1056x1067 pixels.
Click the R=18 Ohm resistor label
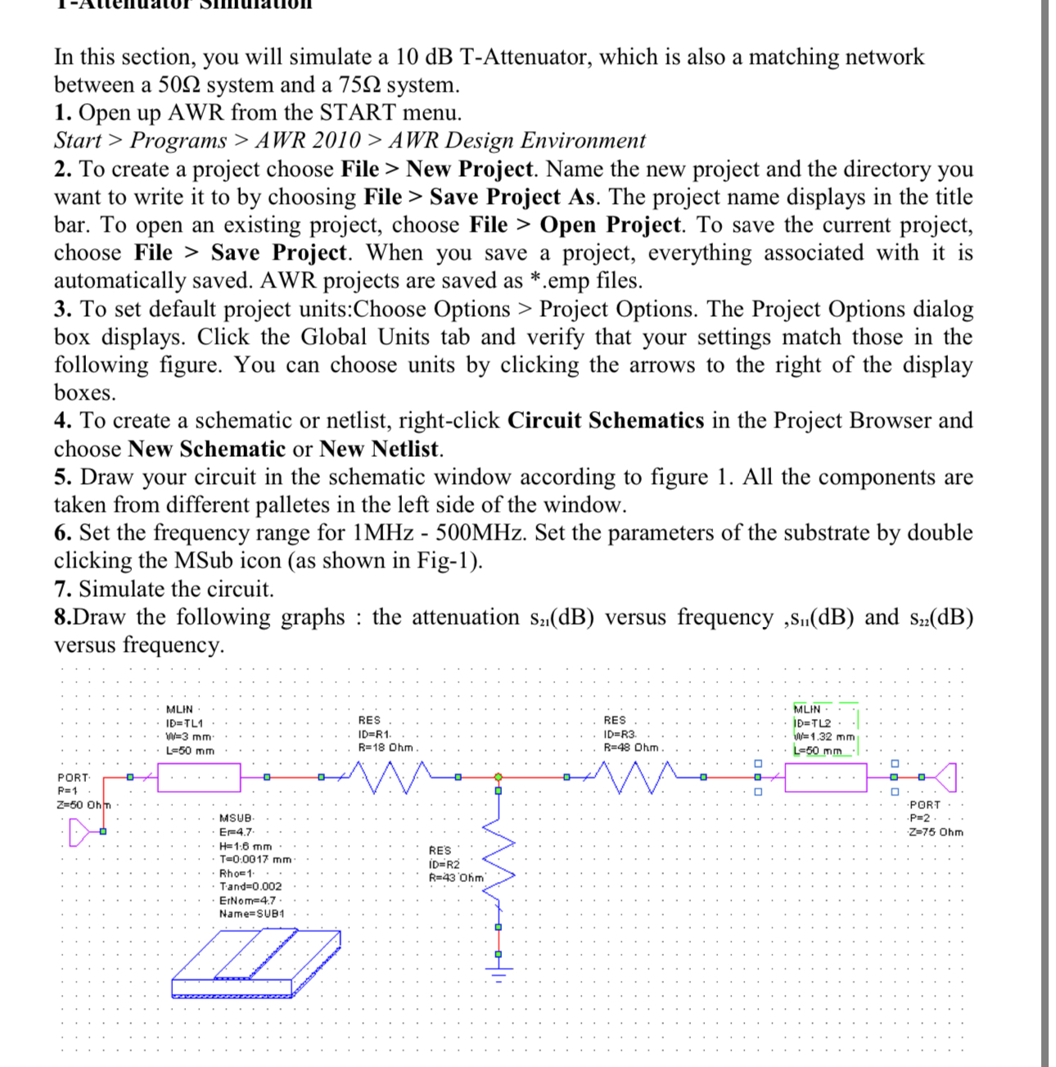[x=387, y=748]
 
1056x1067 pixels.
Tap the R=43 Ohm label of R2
[x=457, y=878]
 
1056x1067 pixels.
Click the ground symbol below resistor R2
[x=498, y=970]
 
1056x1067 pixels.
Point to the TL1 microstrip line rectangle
[x=199, y=777]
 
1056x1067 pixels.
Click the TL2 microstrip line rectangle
[x=825, y=777]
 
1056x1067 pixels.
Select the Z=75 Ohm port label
[x=936, y=832]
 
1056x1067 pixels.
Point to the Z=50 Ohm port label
[x=81, y=805]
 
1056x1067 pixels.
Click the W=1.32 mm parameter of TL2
[x=824, y=737]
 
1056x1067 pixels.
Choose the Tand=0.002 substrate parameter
[x=250, y=887]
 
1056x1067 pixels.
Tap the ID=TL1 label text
[x=184, y=723]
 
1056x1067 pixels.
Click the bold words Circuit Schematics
[x=605, y=421]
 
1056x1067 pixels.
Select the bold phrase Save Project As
[x=513, y=197]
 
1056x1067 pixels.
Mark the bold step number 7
[x=62, y=590]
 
